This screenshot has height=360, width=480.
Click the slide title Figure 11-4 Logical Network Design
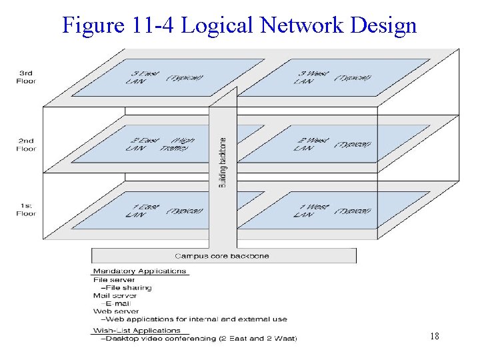[x=239, y=25]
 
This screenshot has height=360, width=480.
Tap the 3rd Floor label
[x=27, y=77]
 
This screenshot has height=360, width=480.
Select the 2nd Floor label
[x=27, y=145]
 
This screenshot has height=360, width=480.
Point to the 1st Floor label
[x=27, y=209]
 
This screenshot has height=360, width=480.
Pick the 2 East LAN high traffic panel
[x=160, y=144]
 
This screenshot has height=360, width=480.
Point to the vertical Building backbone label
[x=223, y=162]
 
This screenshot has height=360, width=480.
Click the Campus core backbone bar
[x=222, y=256]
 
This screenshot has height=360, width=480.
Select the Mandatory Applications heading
[x=139, y=271]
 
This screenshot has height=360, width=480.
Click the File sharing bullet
[x=127, y=288]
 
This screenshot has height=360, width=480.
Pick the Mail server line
[x=115, y=295]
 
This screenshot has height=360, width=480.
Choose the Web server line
[x=116, y=311]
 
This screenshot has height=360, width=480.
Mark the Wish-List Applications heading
[x=137, y=330]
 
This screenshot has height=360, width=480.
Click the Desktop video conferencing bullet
[x=198, y=339]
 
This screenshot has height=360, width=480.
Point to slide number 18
[x=434, y=337]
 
